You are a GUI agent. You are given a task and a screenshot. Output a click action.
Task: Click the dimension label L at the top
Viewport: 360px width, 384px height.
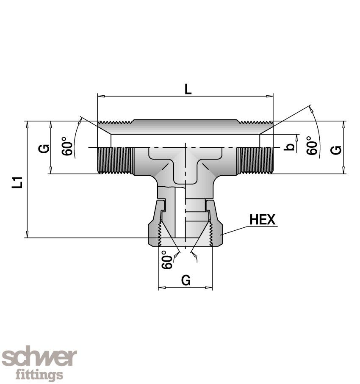click(x=188, y=89)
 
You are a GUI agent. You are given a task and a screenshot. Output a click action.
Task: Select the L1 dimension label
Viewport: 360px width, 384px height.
click(x=17, y=182)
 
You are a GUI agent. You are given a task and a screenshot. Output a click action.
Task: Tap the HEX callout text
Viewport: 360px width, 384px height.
click(x=263, y=219)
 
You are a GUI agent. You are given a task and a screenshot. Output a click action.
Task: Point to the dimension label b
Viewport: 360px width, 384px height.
click(x=290, y=146)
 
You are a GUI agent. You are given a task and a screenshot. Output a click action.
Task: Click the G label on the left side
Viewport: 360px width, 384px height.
click(x=44, y=149)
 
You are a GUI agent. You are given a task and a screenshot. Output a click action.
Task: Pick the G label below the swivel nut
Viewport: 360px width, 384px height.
click(x=186, y=280)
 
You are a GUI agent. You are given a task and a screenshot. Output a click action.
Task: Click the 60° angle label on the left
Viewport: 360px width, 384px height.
click(x=67, y=146)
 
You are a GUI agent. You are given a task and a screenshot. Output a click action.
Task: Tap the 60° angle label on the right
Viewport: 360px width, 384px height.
click(x=312, y=146)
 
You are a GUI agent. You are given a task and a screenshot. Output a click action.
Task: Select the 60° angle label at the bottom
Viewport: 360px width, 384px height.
click(x=167, y=260)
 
